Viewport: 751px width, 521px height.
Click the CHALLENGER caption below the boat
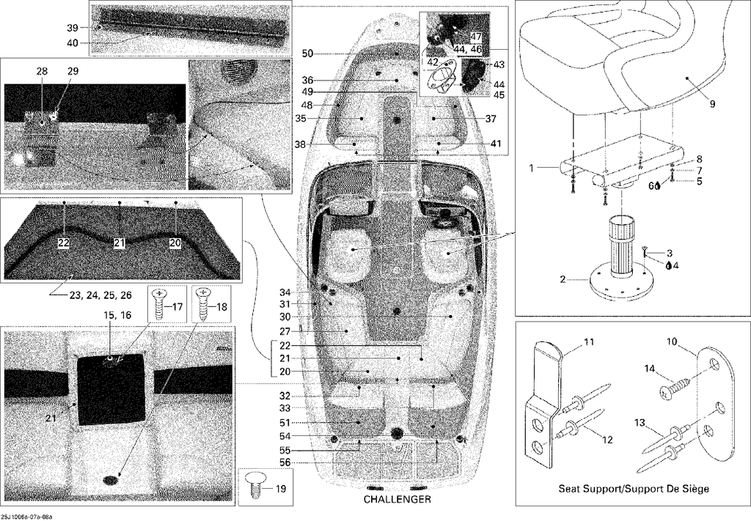397,500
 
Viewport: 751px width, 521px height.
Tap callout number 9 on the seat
712,103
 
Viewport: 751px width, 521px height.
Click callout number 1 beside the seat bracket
531,168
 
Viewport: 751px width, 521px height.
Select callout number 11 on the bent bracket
589,342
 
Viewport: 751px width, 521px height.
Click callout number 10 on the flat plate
673,341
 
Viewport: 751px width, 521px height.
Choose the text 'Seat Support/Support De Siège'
634,489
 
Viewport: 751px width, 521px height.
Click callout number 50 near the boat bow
307,53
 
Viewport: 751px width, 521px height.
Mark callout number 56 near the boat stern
285,462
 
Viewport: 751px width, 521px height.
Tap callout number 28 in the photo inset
42,71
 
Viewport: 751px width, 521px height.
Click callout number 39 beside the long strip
73,29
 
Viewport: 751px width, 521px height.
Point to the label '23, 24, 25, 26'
100,295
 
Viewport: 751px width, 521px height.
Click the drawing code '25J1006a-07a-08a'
26,517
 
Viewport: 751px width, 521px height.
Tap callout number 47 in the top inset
476,37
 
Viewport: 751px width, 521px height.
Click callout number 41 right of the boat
496,143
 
